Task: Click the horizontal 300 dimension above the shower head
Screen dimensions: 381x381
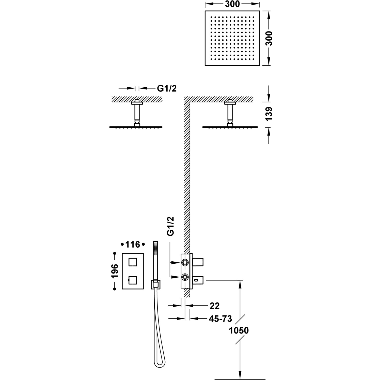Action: (232, 4)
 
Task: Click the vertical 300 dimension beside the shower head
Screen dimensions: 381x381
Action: (269, 38)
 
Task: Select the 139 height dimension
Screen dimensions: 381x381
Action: (269, 114)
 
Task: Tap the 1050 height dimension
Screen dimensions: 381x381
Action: (239, 330)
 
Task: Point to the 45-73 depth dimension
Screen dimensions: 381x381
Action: (220, 319)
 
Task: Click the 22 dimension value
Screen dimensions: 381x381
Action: (214, 306)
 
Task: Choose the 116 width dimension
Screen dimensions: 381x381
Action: (133, 244)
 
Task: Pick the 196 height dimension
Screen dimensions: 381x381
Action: (115, 271)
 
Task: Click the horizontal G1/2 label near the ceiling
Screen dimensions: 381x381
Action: (167, 88)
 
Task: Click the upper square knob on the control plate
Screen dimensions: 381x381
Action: (133, 262)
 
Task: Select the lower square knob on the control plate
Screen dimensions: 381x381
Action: (133, 280)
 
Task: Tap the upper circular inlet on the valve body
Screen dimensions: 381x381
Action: (185, 262)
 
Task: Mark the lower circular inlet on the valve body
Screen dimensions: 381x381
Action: (185, 277)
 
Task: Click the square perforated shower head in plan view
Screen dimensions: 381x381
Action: (232, 38)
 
